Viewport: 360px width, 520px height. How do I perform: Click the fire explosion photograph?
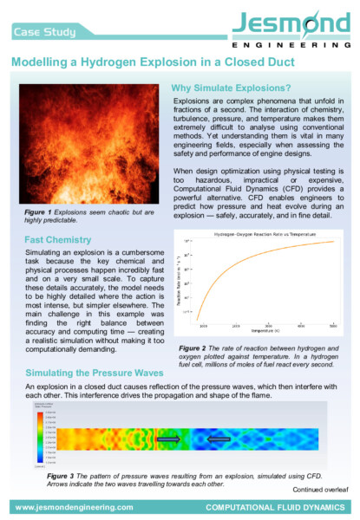point(88,144)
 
